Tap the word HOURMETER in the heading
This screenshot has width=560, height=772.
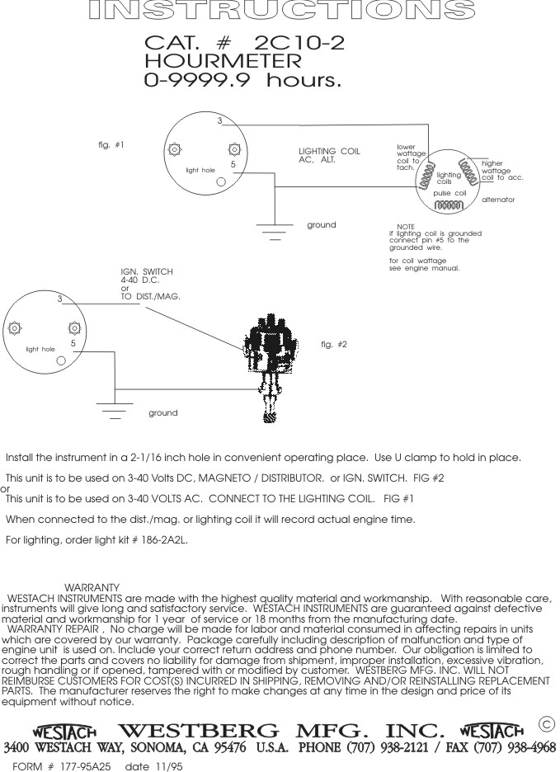tap(223, 62)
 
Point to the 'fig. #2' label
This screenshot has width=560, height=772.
tap(333, 344)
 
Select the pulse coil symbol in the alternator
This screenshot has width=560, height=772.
tap(449, 204)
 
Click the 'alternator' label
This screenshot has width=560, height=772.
tap(497, 200)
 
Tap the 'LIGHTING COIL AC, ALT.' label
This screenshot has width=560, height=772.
tap(329, 155)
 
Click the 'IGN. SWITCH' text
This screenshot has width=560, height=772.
tap(147, 271)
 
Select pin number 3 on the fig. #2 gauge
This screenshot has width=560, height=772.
tap(59, 299)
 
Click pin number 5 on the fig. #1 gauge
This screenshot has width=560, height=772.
tap(233, 165)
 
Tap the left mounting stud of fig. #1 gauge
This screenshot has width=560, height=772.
tap(174, 150)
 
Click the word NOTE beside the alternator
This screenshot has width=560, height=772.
tap(405, 226)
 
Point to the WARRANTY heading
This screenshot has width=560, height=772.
tap(92, 587)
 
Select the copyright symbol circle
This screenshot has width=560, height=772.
tap(545, 723)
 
